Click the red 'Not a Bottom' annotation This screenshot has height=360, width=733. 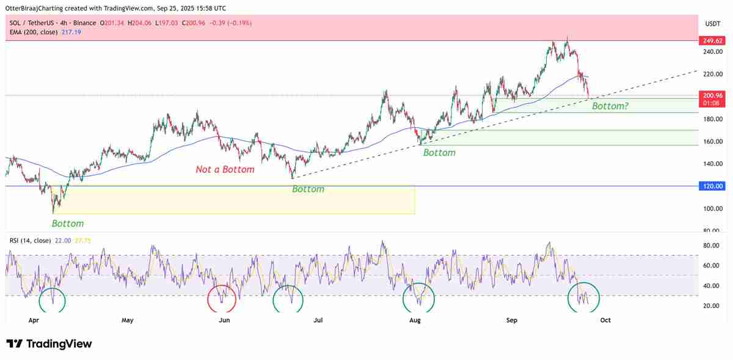[225, 169]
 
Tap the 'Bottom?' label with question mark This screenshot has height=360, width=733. [610, 106]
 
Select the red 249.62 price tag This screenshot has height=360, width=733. [712, 41]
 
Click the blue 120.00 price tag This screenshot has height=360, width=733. [712, 186]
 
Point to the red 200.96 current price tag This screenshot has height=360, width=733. [712, 96]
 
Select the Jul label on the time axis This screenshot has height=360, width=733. [318, 320]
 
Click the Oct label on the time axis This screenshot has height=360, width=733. [605, 320]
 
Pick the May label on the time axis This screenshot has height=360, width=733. [127, 320]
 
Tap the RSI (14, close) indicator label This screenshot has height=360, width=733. [30, 241]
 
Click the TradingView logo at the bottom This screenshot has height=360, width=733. [49, 344]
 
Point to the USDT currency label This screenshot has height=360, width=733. [713, 23]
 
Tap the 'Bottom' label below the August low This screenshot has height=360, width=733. [439, 153]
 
